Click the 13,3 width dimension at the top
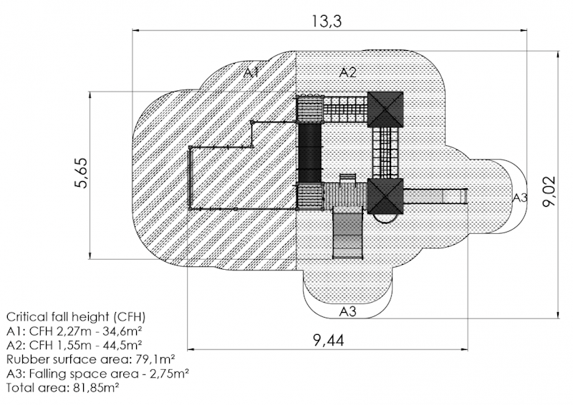point(327,21)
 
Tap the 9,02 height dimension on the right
point(549,191)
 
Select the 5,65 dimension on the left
point(81,173)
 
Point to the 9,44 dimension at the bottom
point(329,341)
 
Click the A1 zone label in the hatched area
point(251,73)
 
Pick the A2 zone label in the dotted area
point(347,72)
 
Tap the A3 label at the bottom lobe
point(347,311)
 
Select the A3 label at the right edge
point(520,198)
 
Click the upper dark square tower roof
point(385,109)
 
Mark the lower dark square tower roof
point(385,196)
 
